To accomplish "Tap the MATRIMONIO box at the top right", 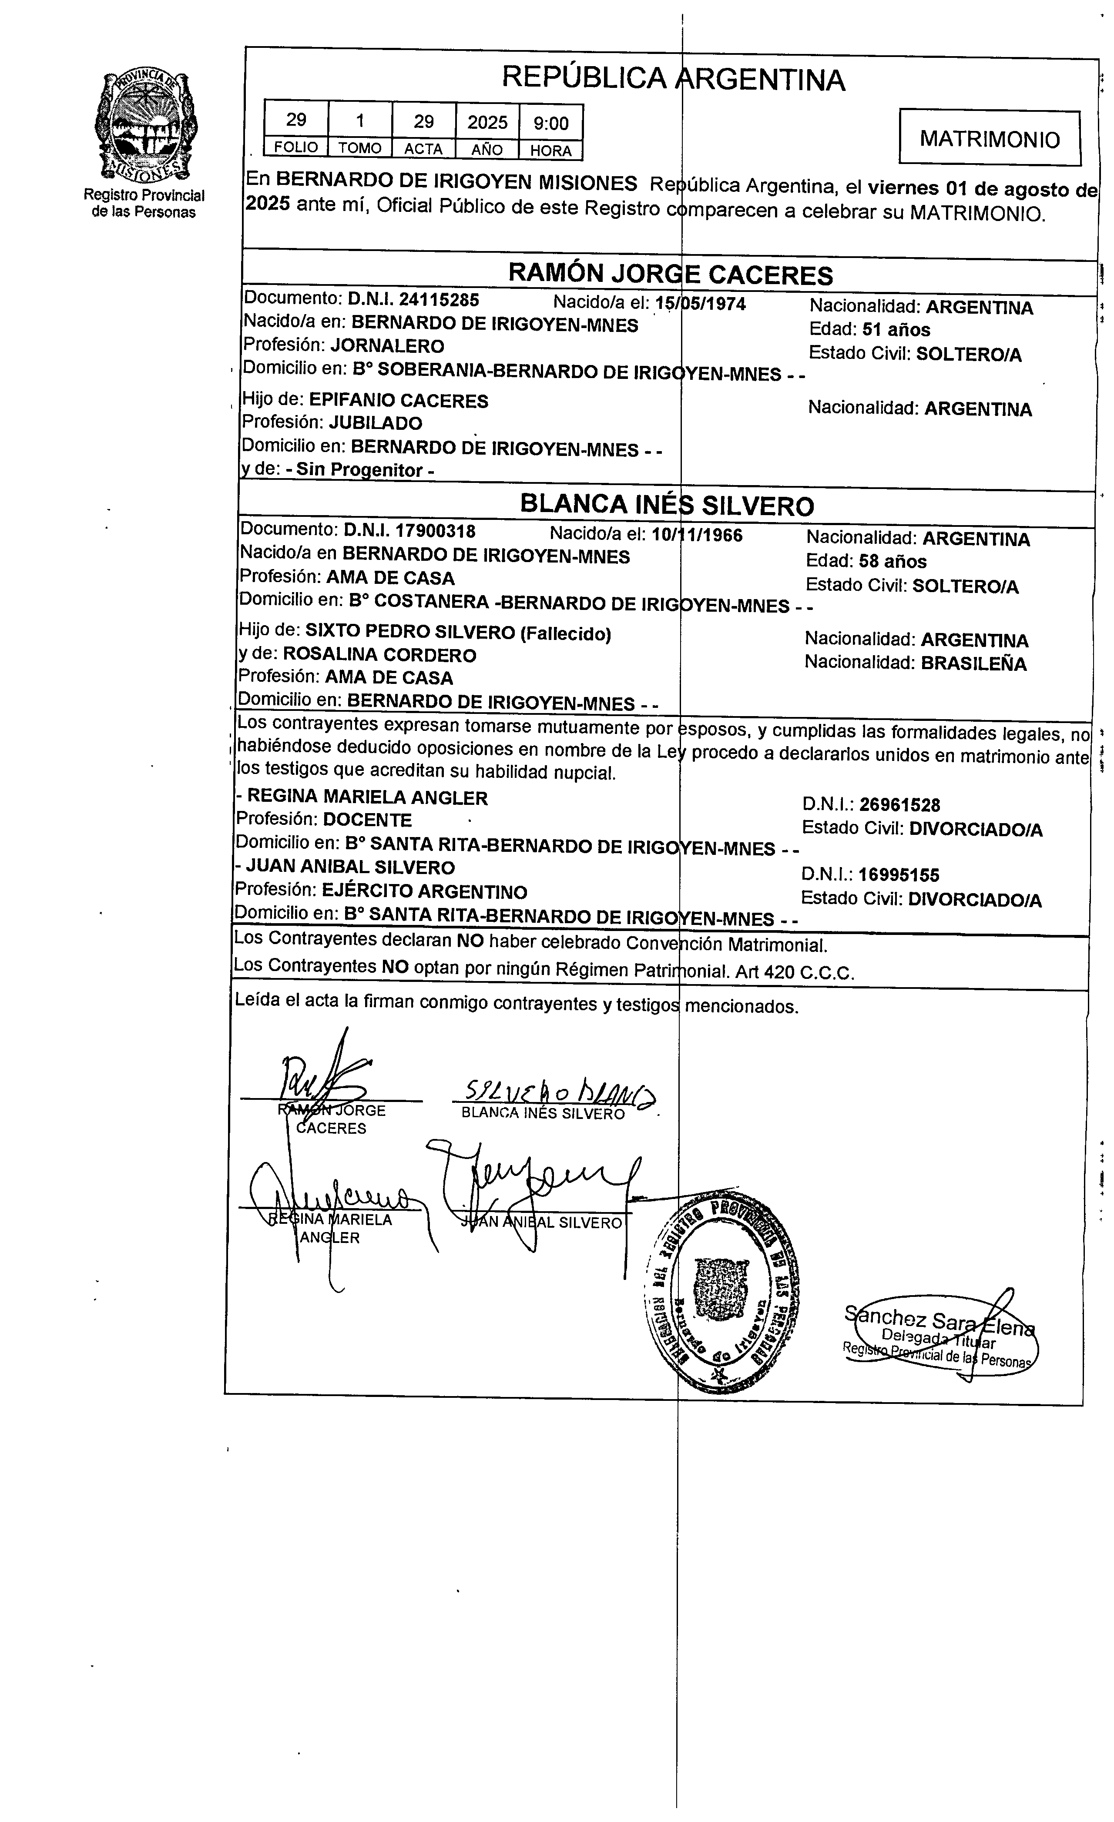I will point(990,138).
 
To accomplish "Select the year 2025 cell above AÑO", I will point(487,122).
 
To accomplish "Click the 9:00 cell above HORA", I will point(551,123).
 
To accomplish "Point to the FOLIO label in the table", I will point(296,147).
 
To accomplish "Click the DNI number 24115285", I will point(439,299).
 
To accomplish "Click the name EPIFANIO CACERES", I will point(399,401).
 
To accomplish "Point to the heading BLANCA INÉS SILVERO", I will point(667,505).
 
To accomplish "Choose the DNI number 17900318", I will point(435,531).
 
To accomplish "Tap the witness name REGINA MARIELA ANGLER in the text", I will point(367,797).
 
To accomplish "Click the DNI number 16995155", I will point(899,875).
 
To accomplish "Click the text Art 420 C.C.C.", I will point(795,972).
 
